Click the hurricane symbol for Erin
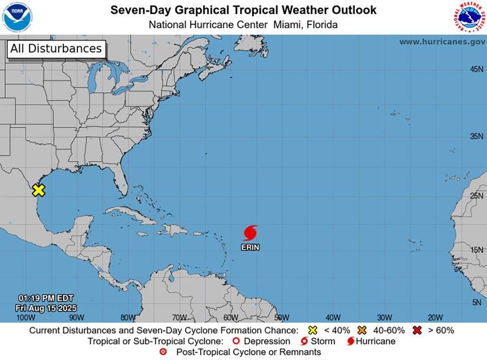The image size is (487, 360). click(249, 233)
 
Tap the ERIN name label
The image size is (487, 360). click(250, 247)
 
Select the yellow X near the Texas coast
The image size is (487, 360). click(38, 190)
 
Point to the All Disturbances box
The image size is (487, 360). click(56, 49)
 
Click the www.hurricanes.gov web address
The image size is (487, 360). click(442, 42)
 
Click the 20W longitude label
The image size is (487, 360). click(435, 317)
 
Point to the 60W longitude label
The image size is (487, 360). click(231, 317)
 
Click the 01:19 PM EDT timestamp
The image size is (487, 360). click(46, 298)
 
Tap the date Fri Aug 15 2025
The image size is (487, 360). click(46, 307)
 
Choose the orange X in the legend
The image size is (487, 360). click(362, 330)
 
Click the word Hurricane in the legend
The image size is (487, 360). click(375, 342)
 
